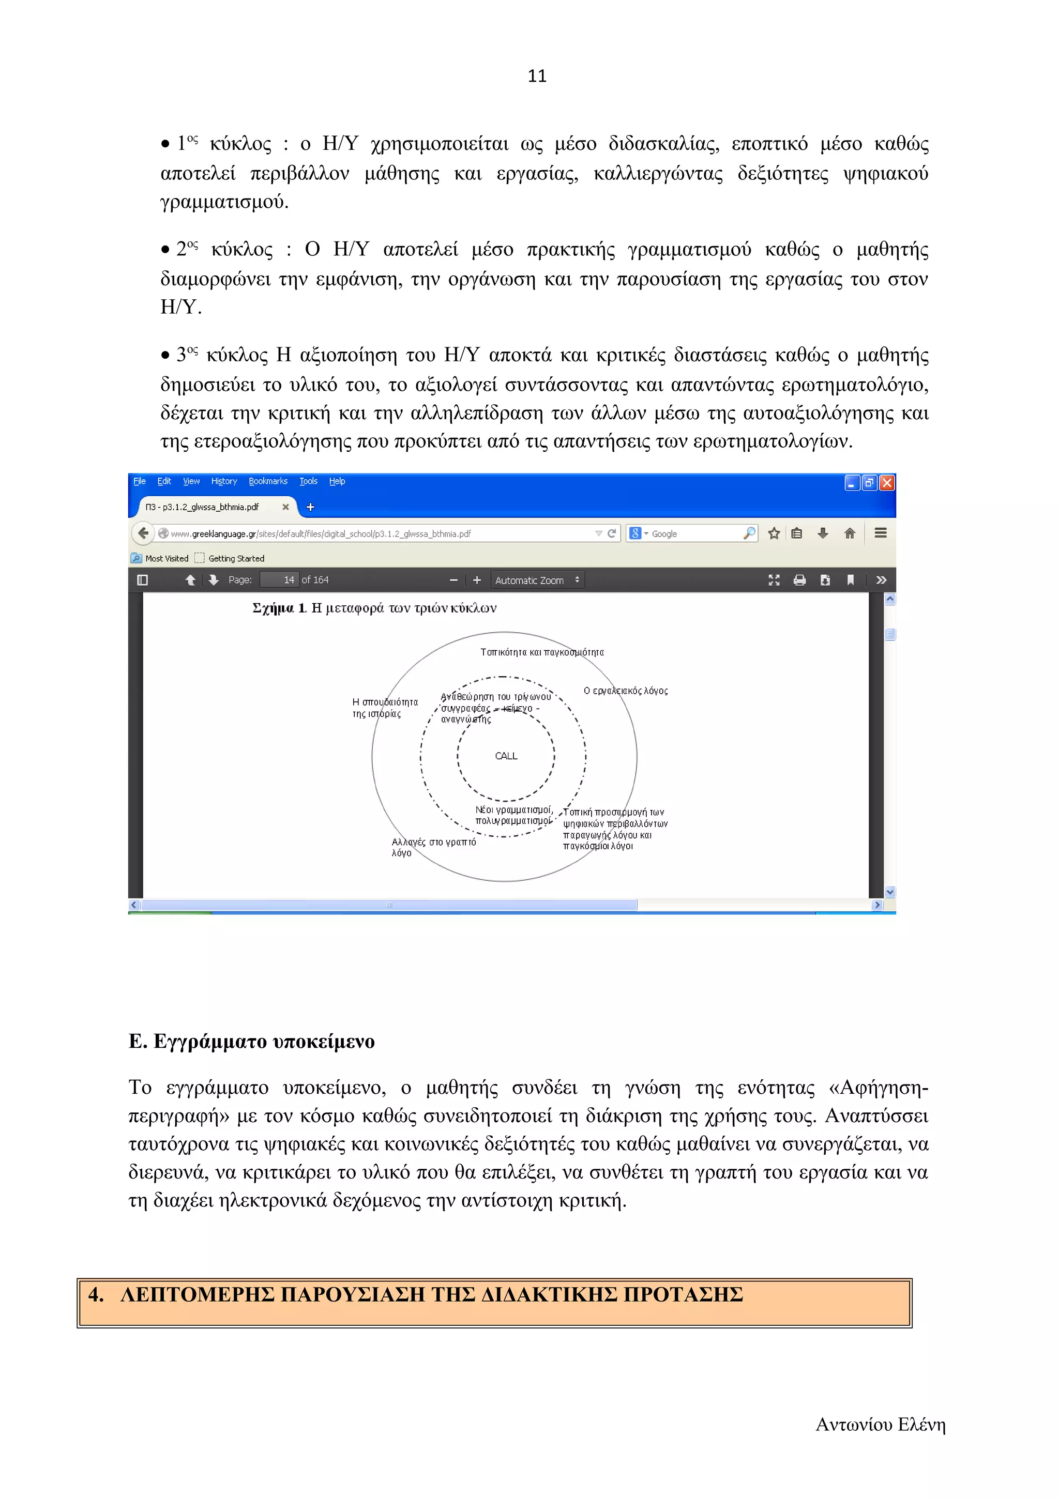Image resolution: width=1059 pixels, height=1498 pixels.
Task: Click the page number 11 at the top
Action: [536, 77]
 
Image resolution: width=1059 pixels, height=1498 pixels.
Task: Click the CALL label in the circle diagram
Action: [506, 756]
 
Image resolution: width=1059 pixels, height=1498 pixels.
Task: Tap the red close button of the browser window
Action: [886, 483]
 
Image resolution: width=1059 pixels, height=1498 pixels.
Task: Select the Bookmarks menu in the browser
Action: [267, 482]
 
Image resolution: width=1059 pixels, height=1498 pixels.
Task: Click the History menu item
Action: [224, 482]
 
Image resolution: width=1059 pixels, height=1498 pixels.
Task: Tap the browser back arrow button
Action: [143, 533]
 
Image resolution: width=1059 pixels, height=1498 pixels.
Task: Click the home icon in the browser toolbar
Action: [849, 533]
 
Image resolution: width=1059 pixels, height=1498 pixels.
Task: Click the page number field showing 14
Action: [280, 579]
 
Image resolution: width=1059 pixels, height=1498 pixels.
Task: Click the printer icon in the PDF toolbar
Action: [799, 580]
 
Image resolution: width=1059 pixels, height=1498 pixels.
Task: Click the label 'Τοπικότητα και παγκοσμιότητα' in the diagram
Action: [541, 652]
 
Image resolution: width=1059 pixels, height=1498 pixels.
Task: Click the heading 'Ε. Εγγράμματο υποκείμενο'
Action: [251, 1041]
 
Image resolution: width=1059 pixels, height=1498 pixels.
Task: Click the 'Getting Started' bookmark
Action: [236, 558]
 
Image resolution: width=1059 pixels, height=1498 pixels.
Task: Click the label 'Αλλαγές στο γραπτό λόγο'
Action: [433, 847]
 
